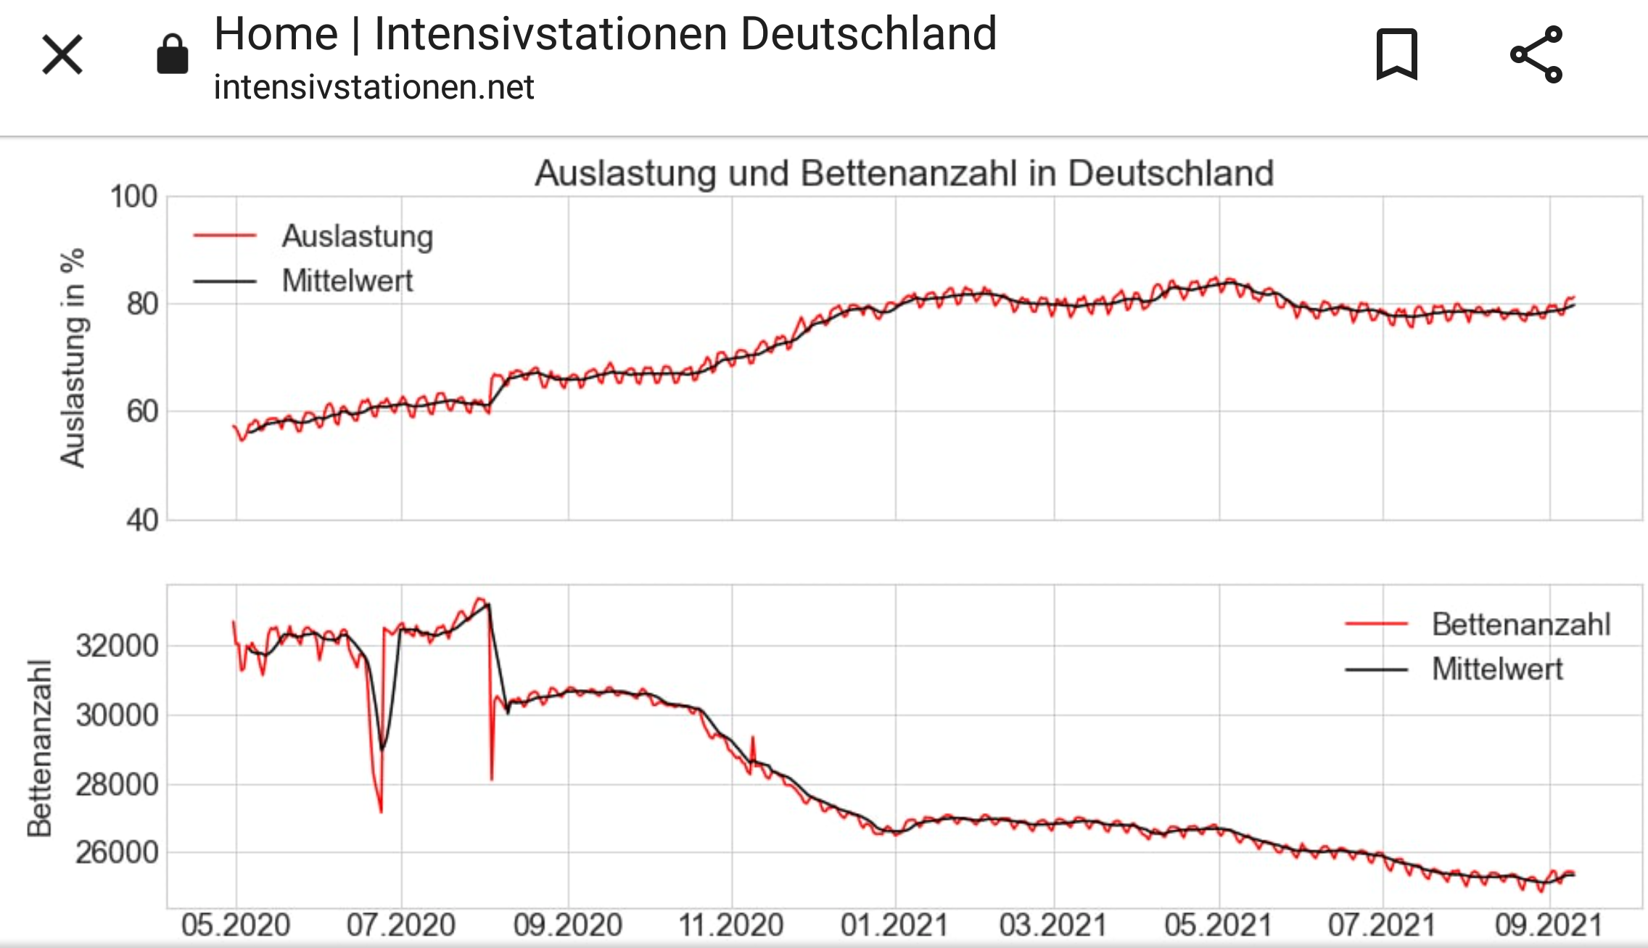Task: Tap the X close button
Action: pos(62,55)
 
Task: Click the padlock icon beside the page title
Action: pos(173,54)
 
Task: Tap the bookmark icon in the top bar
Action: pos(1396,54)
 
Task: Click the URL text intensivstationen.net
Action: pos(374,88)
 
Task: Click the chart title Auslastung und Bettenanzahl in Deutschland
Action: pos(904,173)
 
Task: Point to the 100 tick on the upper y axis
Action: pos(133,197)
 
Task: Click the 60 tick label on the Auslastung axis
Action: pos(141,411)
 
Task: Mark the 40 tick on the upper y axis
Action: pos(141,520)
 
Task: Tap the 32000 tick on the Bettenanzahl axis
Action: pos(117,646)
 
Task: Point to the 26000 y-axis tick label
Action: pos(117,853)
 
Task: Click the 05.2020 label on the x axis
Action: pos(236,926)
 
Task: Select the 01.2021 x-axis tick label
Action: pos(894,926)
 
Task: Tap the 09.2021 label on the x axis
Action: pos(1549,926)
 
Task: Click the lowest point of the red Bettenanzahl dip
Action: pos(381,812)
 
